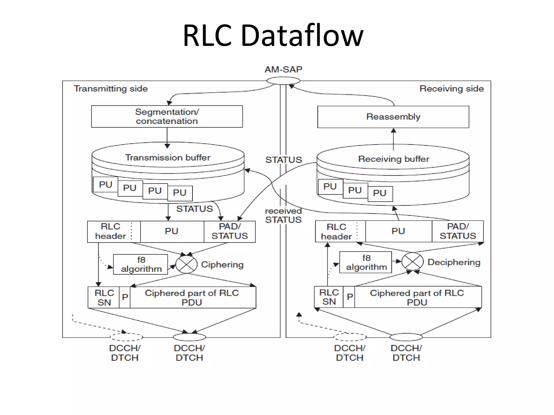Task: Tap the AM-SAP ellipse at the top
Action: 283,81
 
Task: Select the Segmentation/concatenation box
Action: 167,116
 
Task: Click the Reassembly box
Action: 393,117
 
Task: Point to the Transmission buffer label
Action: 167,158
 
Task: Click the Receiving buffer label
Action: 393,159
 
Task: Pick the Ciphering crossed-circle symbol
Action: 186,265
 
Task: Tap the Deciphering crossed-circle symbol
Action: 412,262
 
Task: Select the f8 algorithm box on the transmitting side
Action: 141,265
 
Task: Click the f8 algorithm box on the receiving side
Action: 366,262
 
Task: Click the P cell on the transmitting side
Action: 125,297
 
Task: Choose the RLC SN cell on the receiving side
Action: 329,297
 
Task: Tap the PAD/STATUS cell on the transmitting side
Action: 229,232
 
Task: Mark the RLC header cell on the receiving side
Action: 336,232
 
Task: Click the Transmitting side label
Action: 111,89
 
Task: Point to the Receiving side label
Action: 451,89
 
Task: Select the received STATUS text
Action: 283,215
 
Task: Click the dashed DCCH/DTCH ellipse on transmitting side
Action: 126,337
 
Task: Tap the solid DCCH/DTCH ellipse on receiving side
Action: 406,337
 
